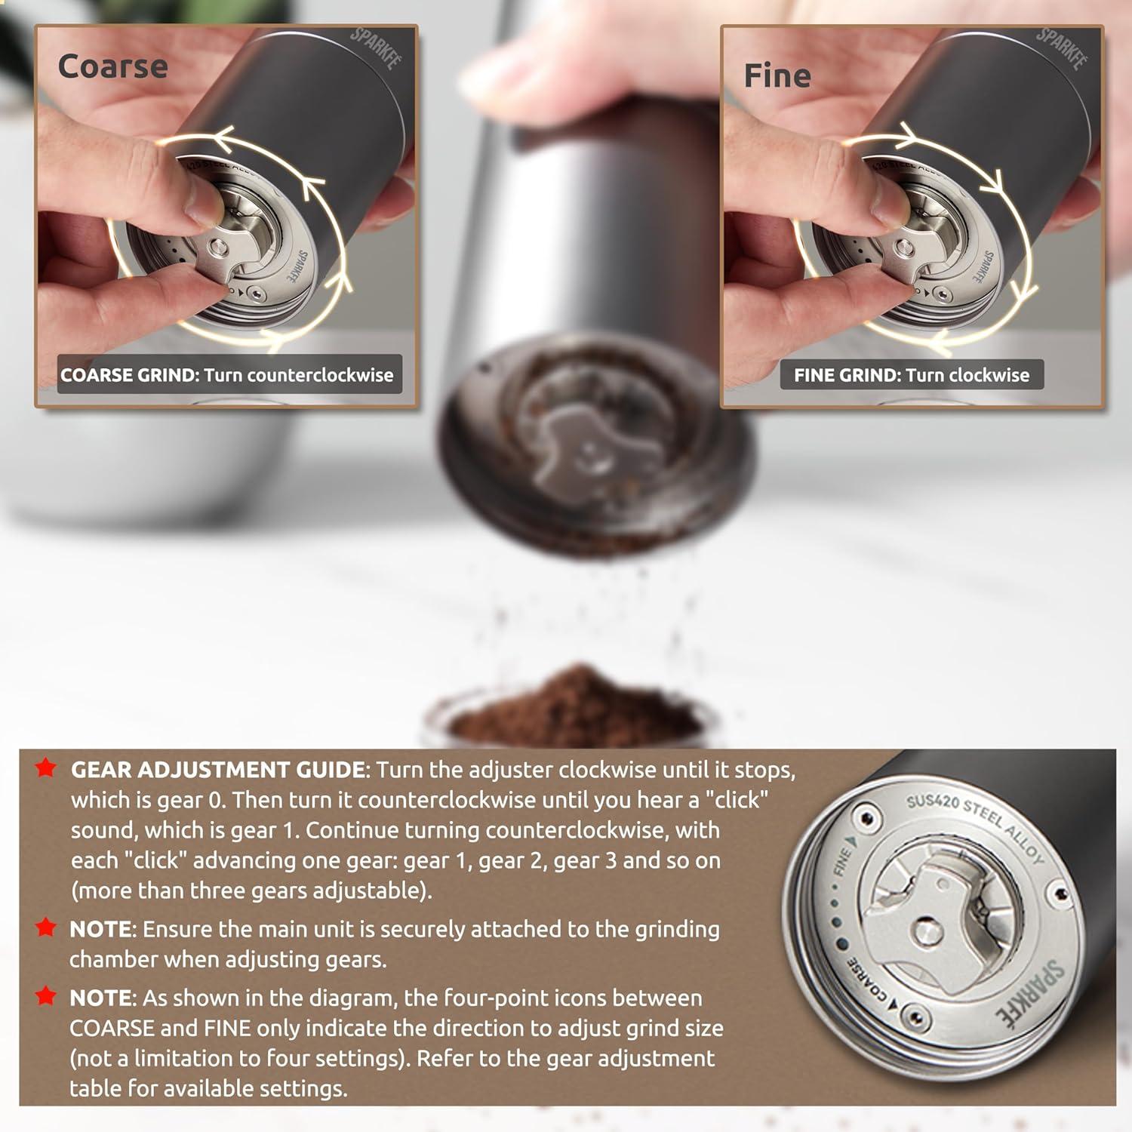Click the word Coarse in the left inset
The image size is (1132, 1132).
pyautogui.click(x=112, y=66)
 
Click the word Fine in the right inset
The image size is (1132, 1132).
pyautogui.click(x=777, y=76)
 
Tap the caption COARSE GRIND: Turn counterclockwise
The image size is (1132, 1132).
pyautogui.click(x=227, y=375)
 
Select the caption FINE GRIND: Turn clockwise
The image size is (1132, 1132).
pyautogui.click(x=912, y=375)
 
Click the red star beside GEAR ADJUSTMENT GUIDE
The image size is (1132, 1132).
pyautogui.click(x=46, y=768)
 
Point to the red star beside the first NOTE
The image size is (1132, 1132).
pyautogui.click(x=46, y=927)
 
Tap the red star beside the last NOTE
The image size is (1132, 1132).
pyautogui.click(x=46, y=996)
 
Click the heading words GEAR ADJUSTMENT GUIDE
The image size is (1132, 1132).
pyautogui.click(x=218, y=770)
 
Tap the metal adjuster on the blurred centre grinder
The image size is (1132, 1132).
pyautogui.click(x=577, y=445)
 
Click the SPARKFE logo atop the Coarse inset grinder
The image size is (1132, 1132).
pyautogui.click(x=375, y=49)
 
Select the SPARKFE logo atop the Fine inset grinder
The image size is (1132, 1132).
pyautogui.click(x=1061, y=49)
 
